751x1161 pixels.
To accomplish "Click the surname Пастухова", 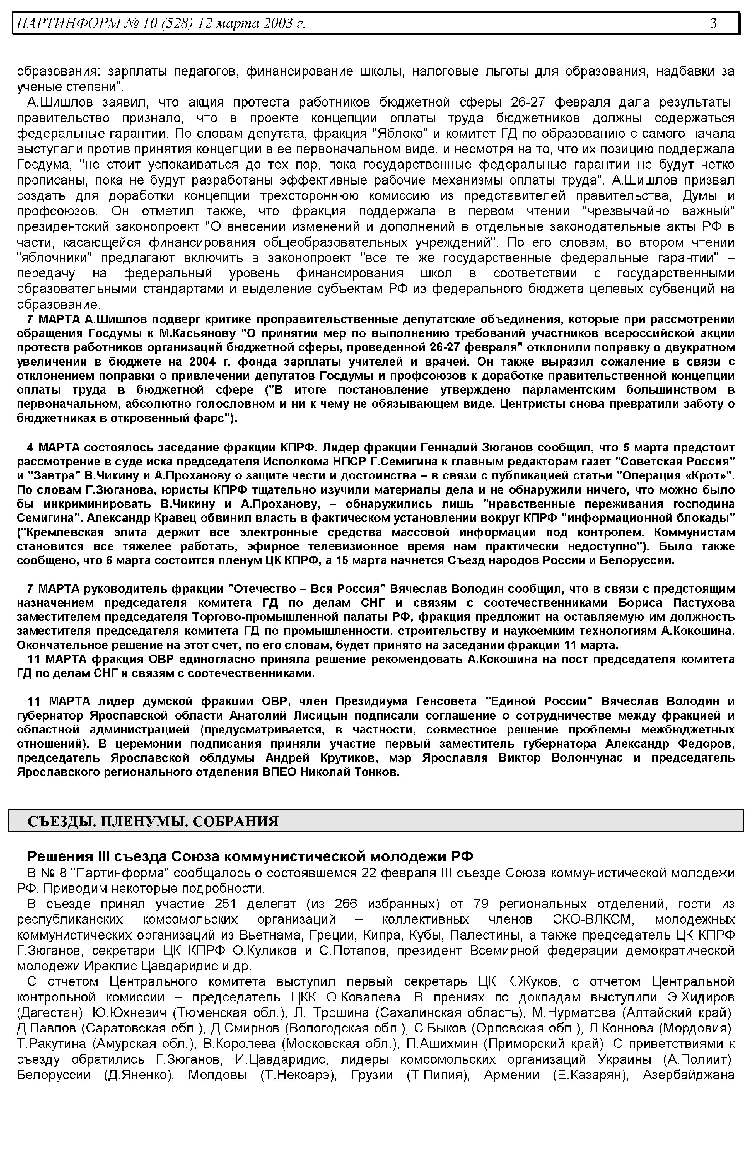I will (704, 603).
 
